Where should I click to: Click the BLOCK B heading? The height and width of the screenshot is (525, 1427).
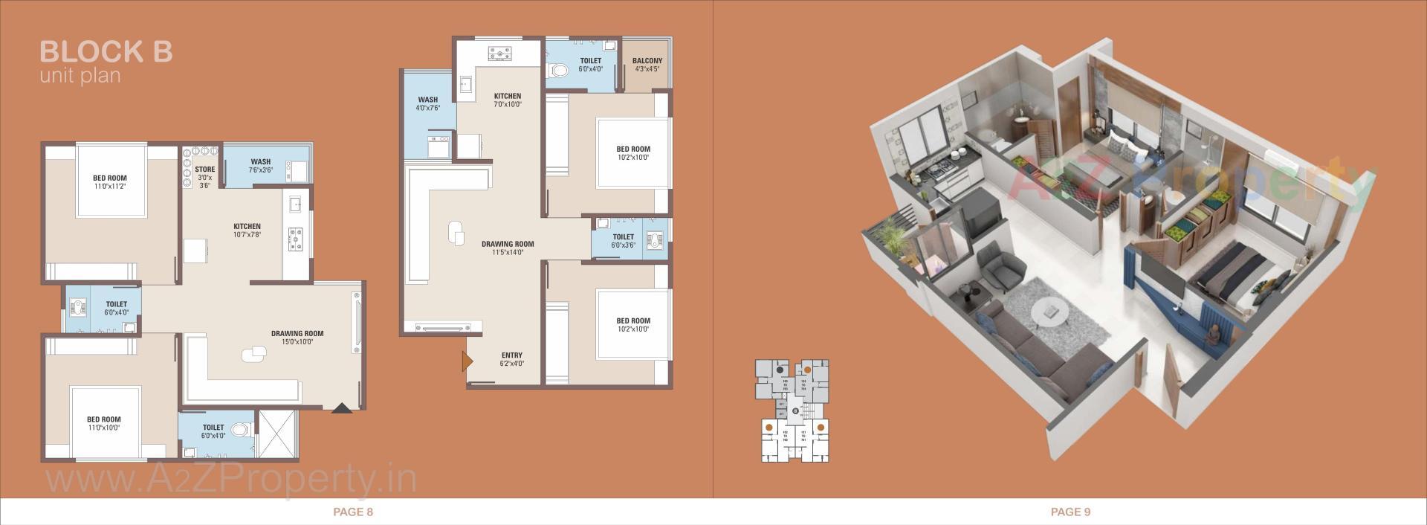click(106, 51)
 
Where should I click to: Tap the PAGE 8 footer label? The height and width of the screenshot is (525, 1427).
click(353, 512)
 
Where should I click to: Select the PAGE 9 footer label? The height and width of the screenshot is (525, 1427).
click(1070, 512)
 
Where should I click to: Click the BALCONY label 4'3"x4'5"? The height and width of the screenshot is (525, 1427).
click(647, 65)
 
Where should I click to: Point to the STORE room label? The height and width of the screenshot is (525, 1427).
click(204, 177)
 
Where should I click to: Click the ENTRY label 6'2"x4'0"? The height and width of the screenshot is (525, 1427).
click(511, 359)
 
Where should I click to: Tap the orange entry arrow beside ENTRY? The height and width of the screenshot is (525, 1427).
click(467, 361)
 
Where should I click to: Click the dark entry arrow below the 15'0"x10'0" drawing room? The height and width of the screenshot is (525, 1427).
click(341, 408)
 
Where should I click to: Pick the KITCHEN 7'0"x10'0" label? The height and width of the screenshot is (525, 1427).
click(508, 100)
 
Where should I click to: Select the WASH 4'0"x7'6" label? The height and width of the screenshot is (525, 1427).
click(427, 103)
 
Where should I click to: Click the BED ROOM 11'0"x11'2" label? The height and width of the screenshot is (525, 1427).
click(110, 182)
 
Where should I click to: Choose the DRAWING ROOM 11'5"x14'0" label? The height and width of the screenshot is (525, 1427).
click(508, 248)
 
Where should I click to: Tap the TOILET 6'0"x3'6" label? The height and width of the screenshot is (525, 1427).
click(623, 241)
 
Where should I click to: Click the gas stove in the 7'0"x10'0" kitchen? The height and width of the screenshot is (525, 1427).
click(500, 54)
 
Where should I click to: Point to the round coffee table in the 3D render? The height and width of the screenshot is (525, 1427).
click(1049, 312)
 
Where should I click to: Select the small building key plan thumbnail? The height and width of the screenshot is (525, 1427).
click(792, 410)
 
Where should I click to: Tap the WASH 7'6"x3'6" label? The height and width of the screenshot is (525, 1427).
click(260, 165)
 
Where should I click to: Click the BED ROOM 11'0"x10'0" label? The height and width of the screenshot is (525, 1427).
click(103, 423)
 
